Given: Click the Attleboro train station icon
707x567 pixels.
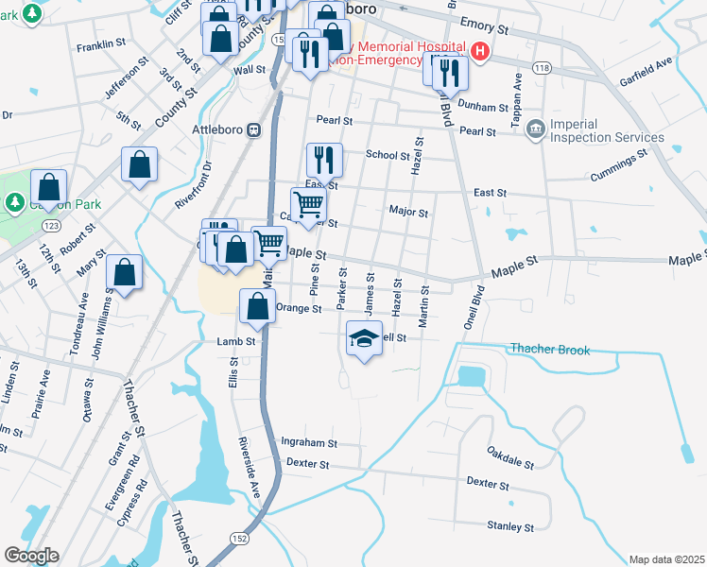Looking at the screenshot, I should pyautogui.click(x=254, y=131).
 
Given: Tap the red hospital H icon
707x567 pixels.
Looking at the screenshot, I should pyautogui.click(x=480, y=51).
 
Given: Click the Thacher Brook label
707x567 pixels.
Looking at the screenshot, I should pyautogui.click(x=550, y=351).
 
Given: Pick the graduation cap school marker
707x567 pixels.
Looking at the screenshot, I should pyautogui.click(x=364, y=338).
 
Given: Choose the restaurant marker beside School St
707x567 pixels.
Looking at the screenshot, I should pyautogui.click(x=324, y=159).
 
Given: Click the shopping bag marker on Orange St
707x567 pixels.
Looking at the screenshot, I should pyautogui.click(x=257, y=306).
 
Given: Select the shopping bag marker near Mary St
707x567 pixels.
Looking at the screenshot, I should pyautogui.click(x=124, y=271).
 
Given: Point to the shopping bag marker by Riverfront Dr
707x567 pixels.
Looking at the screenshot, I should pyautogui.click(x=140, y=164).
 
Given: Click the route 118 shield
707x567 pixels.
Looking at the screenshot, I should pyautogui.click(x=542, y=69).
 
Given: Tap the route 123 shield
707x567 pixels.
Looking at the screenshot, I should pyautogui.click(x=51, y=226).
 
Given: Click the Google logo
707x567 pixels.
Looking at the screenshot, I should pyautogui.click(x=30, y=556).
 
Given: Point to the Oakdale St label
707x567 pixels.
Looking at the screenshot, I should pyautogui.click(x=510, y=458).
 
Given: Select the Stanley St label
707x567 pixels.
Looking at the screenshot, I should pyautogui.click(x=510, y=525).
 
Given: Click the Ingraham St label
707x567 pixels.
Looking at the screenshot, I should pyautogui.click(x=309, y=442).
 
